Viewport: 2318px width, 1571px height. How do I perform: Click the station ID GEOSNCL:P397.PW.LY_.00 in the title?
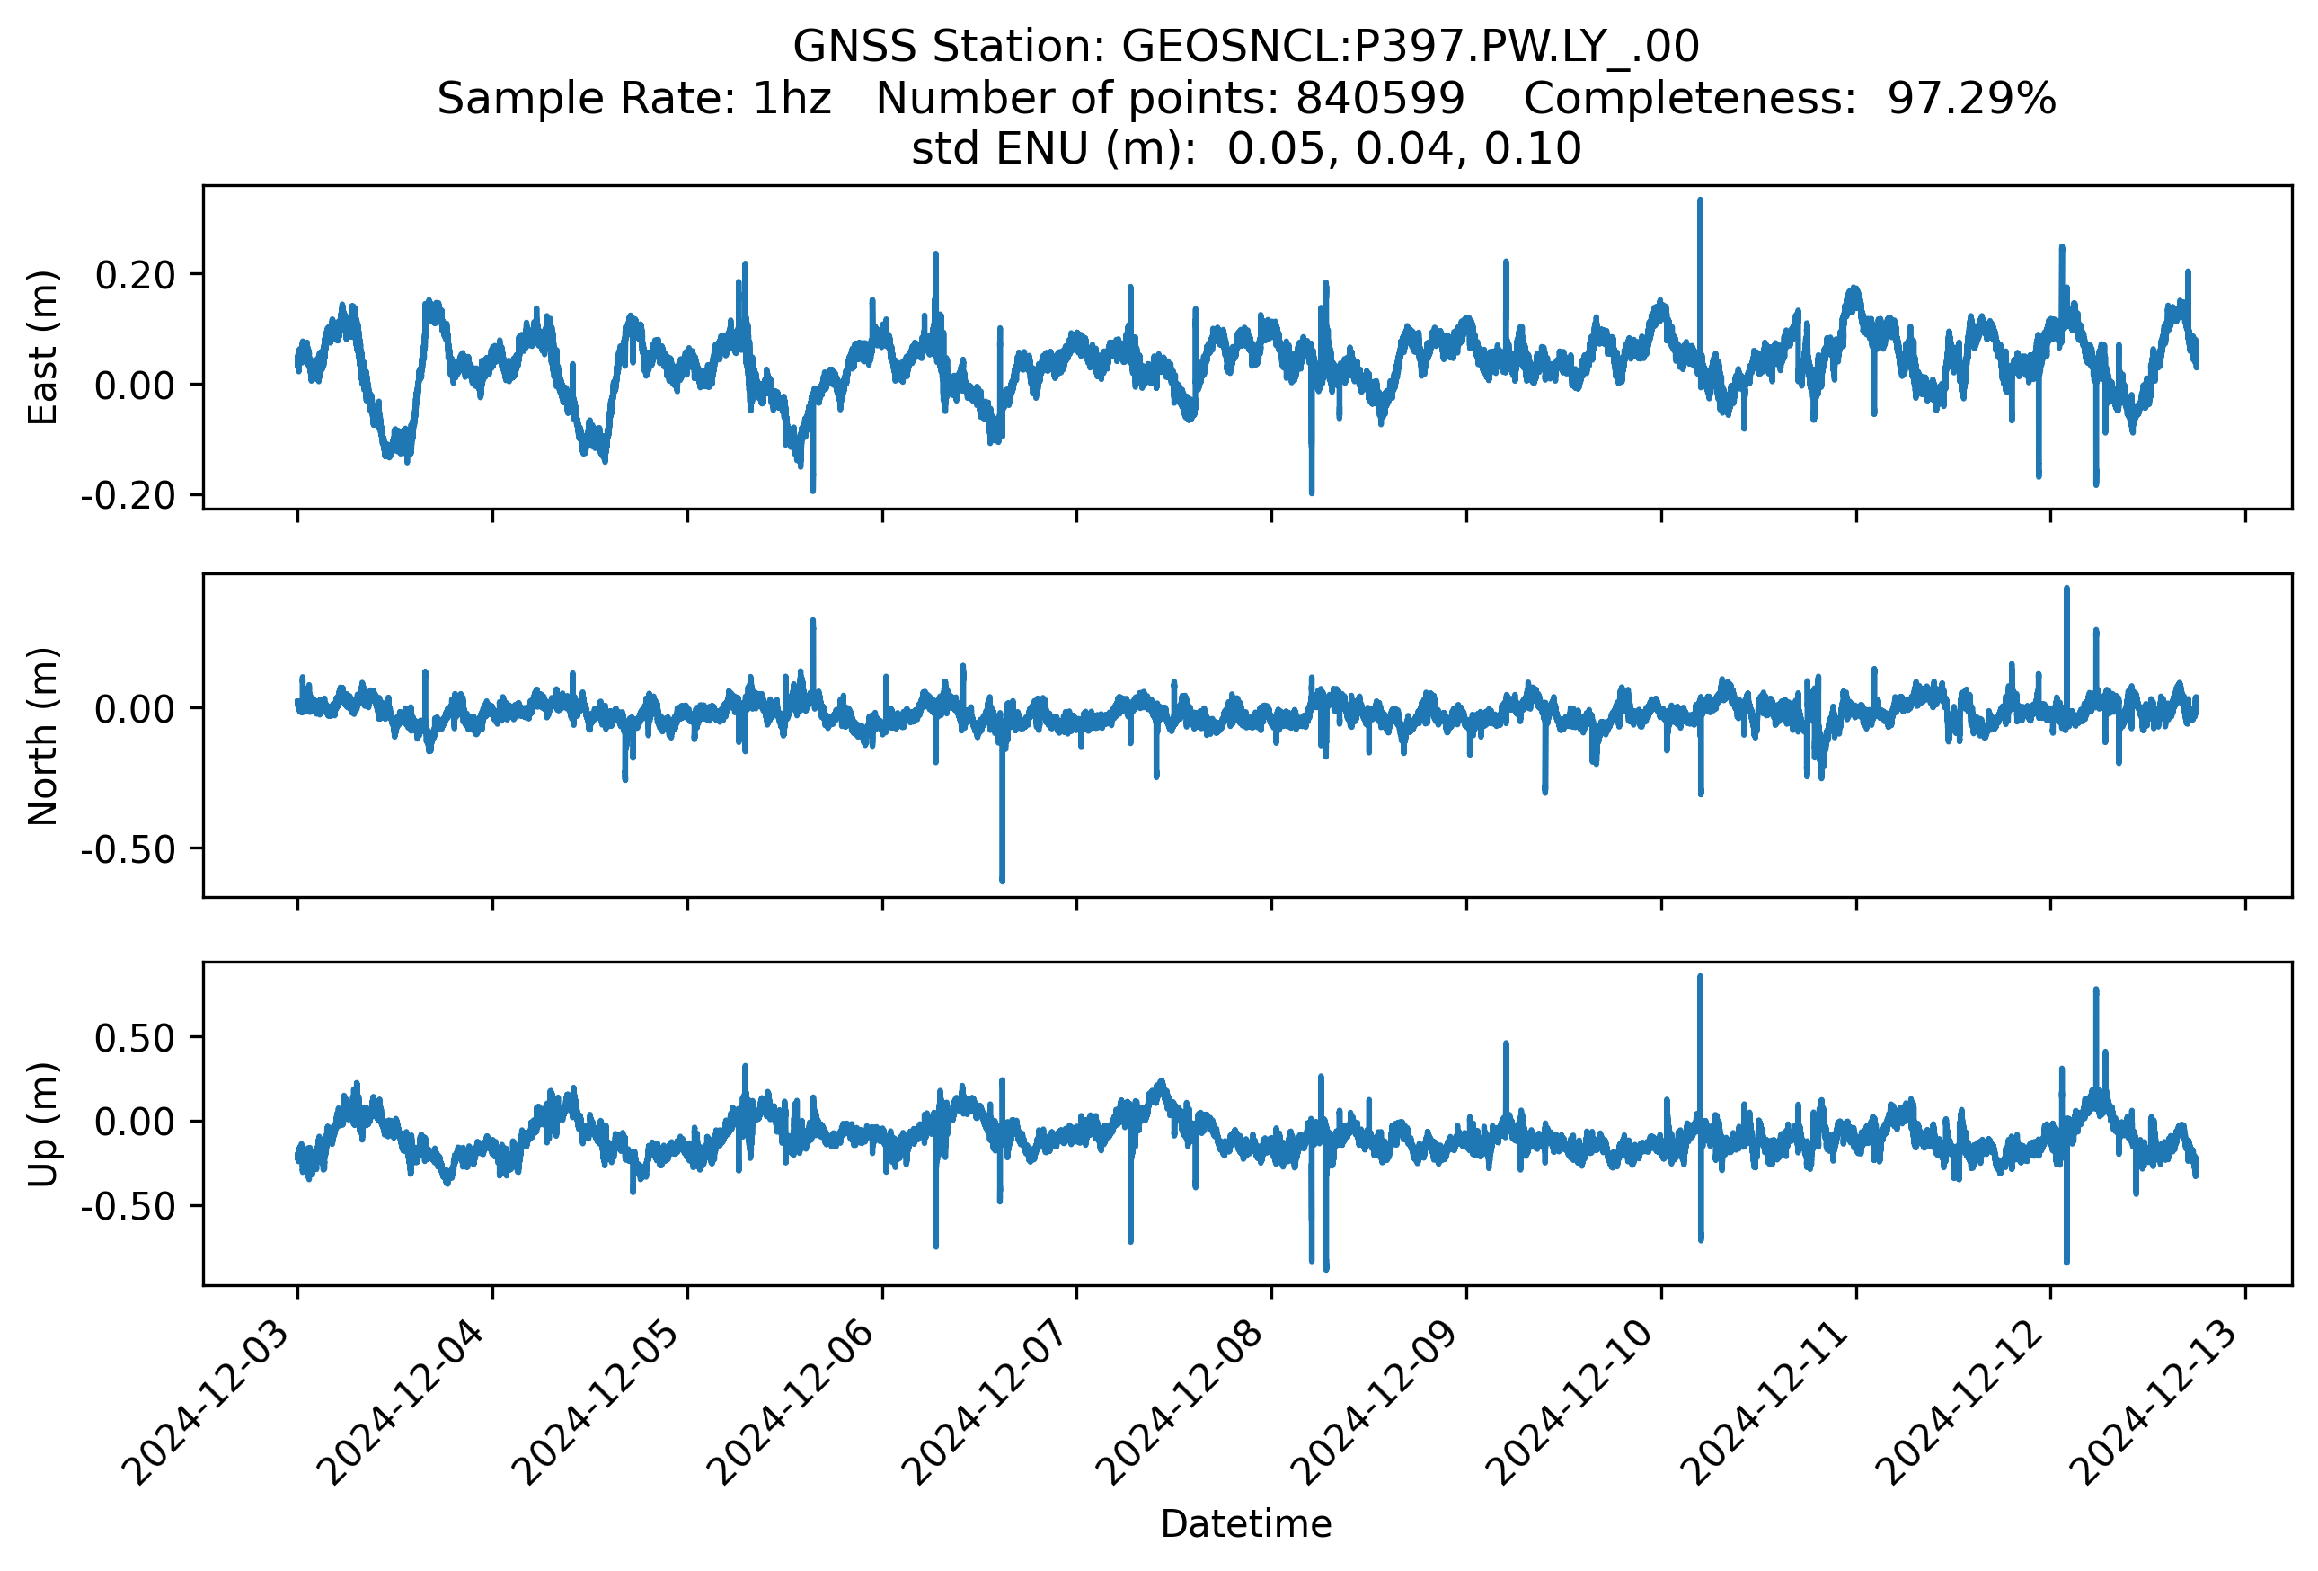(1410, 47)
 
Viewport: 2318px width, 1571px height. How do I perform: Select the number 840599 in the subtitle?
(1379, 99)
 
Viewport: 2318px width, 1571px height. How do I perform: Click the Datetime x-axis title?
(1246, 1524)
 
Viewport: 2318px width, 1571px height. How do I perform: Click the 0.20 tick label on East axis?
(135, 275)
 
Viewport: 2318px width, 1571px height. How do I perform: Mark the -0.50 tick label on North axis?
(128, 850)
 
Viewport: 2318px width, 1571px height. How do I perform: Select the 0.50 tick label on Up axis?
(135, 1038)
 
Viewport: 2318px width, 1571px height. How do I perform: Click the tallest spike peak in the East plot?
(1701, 200)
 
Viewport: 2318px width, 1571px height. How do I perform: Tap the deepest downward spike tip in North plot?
(1003, 881)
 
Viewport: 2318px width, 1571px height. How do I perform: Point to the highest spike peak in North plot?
(2066, 589)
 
